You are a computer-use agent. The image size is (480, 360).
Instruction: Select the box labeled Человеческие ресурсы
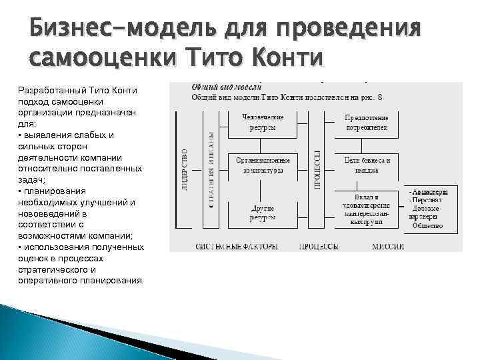(263, 122)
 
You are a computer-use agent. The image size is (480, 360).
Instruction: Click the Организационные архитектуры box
(263, 165)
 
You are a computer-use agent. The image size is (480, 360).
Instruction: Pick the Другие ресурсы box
(263, 211)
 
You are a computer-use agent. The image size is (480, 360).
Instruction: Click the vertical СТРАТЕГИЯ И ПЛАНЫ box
(211, 169)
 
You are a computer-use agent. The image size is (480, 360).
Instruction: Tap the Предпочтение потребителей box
(366, 122)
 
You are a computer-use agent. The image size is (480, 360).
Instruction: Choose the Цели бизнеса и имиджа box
(366, 165)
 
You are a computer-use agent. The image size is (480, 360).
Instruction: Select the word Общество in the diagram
(427, 225)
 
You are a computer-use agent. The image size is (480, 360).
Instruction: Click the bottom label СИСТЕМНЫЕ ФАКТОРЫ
(236, 247)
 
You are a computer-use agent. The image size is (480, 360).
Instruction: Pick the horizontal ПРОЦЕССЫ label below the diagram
(318, 247)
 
